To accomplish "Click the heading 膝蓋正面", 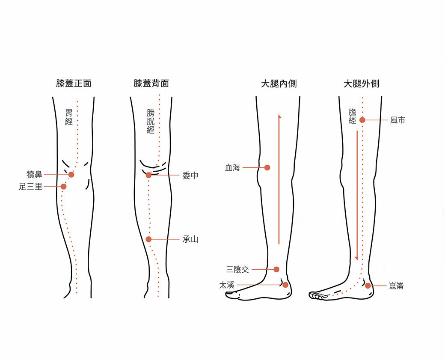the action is point(74,83).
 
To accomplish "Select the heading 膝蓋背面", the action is point(151,83).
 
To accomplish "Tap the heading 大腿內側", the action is point(279,83).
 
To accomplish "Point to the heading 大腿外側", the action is point(362,83).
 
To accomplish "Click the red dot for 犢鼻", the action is point(71,175).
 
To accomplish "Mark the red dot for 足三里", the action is point(64,186).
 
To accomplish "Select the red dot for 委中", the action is point(148,175).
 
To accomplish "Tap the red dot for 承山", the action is point(148,239).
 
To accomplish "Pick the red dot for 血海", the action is point(267,168).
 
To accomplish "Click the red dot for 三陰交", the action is point(276,269).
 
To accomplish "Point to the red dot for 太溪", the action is point(285,285).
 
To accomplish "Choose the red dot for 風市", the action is point(362,120).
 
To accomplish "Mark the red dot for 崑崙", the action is point(368,286).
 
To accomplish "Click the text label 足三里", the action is point(31,187).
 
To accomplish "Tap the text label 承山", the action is point(190,240).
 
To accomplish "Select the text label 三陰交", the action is point(237,270).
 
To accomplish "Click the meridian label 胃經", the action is point(69,117).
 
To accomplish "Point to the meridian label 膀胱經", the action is point(151,121).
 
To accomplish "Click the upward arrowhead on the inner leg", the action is point(279,116).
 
